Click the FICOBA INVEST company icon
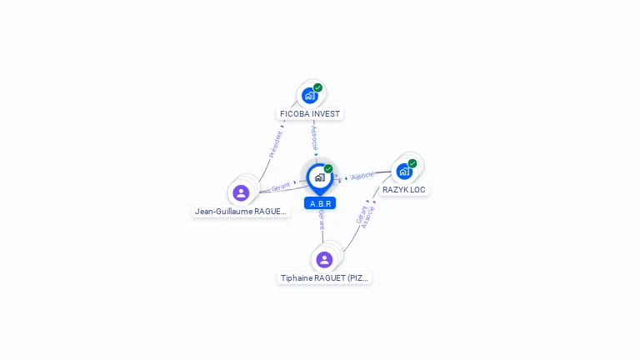pyautogui.click(x=309, y=96)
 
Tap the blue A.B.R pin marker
pyautogui.click(x=319, y=177)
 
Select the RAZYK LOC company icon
pyautogui.click(x=404, y=172)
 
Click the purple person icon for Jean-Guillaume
pyautogui.click(x=241, y=193)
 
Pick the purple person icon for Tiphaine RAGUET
pyautogui.click(x=324, y=260)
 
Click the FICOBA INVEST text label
pyautogui.click(x=310, y=113)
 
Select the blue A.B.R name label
pyautogui.click(x=320, y=203)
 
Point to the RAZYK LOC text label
pyautogui.click(x=404, y=190)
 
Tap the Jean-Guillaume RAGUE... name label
pyautogui.click(x=241, y=212)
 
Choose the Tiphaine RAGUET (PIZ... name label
pyautogui.click(x=324, y=278)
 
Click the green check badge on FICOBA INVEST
pyautogui.click(x=317, y=87)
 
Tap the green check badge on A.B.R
pyautogui.click(x=328, y=169)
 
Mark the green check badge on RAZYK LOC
pyautogui.click(x=412, y=163)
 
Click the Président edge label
pyautogui.click(x=276, y=144)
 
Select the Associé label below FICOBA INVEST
pyautogui.click(x=314, y=137)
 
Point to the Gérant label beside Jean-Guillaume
pyautogui.click(x=281, y=187)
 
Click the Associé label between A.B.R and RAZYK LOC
pyautogui.click(x=362, y=176)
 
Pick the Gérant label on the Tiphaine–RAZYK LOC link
pyautogui.click(x=361, y=214)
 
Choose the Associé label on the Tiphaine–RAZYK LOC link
pyautogui.click(x=368, y=217)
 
